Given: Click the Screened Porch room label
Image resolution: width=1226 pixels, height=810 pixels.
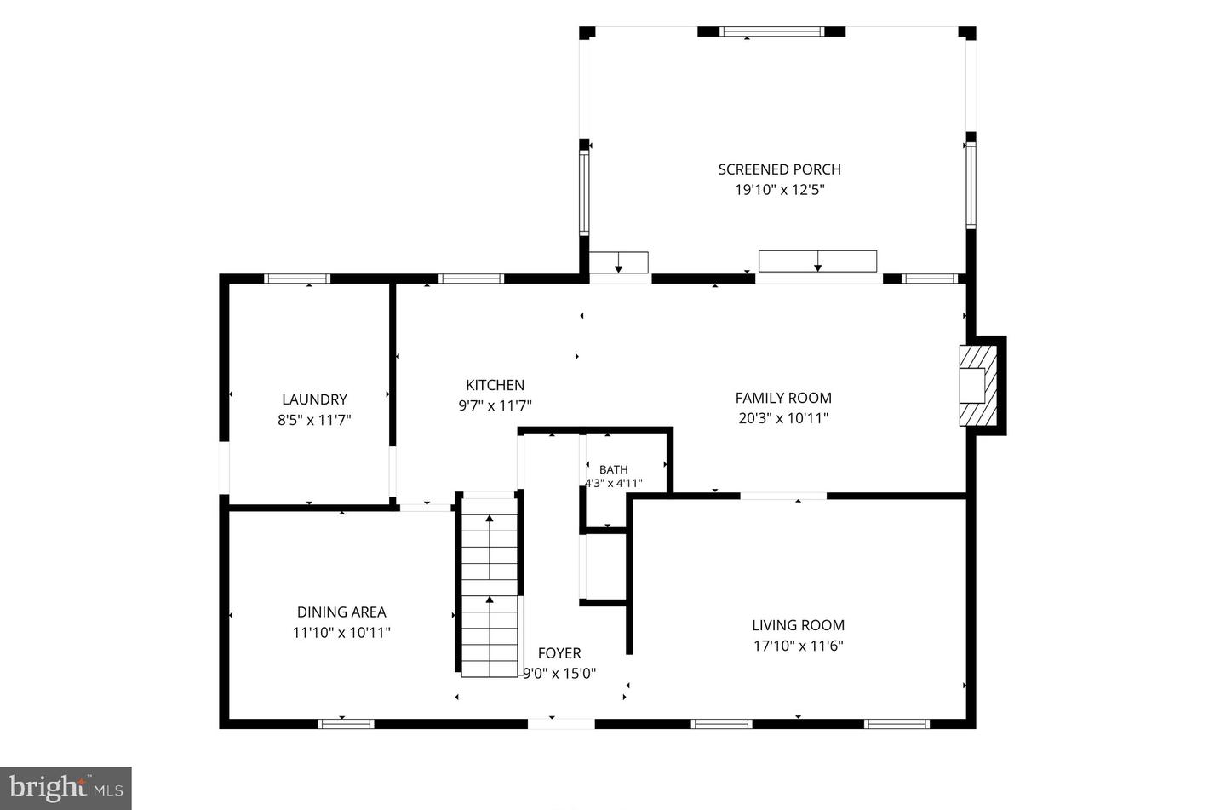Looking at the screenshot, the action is coord(779,169).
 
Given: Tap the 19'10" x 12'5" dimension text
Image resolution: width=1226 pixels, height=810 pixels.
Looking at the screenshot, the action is coord(779,190).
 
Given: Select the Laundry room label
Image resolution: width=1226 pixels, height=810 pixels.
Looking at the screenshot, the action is coord(314,399).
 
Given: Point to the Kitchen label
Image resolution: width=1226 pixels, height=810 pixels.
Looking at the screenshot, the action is coord(495,385).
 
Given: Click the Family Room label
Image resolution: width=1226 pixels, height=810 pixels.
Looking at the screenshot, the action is coord(783,398).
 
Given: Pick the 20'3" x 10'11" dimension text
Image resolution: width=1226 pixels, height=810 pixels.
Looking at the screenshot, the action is coord(783,418).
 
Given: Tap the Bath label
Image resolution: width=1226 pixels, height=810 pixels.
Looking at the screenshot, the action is coord(614,469).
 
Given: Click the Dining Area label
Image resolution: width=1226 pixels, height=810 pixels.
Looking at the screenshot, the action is coord(341,612).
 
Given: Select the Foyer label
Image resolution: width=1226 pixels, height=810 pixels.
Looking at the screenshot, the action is coord(559,652).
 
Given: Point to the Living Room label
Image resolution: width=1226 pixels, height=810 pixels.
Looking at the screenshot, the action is coord(798,625).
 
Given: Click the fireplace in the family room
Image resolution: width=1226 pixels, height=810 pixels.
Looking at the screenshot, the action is coord(978,386).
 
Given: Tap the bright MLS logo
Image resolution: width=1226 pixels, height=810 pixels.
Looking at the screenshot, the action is coord(66,788).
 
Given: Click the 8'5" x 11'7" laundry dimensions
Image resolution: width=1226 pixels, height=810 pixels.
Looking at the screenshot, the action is coord(314,420).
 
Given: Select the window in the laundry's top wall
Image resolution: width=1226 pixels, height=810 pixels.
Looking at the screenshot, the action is coord(297,279).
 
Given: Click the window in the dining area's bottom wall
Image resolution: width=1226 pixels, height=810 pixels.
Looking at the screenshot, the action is coord(346,724).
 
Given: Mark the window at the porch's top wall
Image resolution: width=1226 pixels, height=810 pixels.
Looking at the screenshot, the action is coord(771,32).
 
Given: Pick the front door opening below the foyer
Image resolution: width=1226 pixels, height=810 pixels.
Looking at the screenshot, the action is coord(561,724).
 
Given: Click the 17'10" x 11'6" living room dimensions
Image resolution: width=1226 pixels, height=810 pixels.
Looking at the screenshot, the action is coord(798,646).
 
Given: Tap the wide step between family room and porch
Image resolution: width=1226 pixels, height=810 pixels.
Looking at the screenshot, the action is coord(817,261).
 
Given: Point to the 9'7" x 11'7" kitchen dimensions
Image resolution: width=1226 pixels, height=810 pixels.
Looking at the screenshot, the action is coord(495,405).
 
